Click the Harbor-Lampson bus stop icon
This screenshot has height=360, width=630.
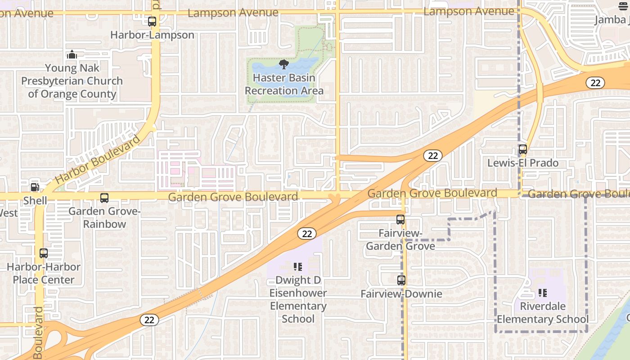tap(152, 21)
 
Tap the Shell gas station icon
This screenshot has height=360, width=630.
tap(35, 187)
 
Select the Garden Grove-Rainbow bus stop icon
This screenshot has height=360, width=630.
tap(104, 198)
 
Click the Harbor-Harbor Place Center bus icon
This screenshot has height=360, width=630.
tap(44, 253)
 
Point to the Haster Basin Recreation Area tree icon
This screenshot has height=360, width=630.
tap(284, 64)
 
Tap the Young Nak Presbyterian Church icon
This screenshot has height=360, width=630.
tap(72, 55)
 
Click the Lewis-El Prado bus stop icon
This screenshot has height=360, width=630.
tap(523, 149)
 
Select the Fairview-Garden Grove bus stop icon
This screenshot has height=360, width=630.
tap(400, 220)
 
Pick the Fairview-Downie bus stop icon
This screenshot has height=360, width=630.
tap(401, 280)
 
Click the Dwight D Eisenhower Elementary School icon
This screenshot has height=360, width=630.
tap(298, 267)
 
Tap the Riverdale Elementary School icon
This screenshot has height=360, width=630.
tap(543, 293)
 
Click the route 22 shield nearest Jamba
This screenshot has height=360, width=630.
tap(595, 83)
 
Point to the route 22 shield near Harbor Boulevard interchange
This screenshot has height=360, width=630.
tap(149, 320)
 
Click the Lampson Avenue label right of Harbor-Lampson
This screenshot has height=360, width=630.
tap(233, 13)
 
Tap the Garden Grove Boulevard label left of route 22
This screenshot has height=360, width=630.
tap(233, 197)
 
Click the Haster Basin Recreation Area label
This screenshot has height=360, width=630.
tap(284, 84)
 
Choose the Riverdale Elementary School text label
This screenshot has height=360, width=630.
tap(543, 313)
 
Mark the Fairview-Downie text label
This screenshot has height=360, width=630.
tap(401, 294)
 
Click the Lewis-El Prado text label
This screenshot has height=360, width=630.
tap(523, 163)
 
